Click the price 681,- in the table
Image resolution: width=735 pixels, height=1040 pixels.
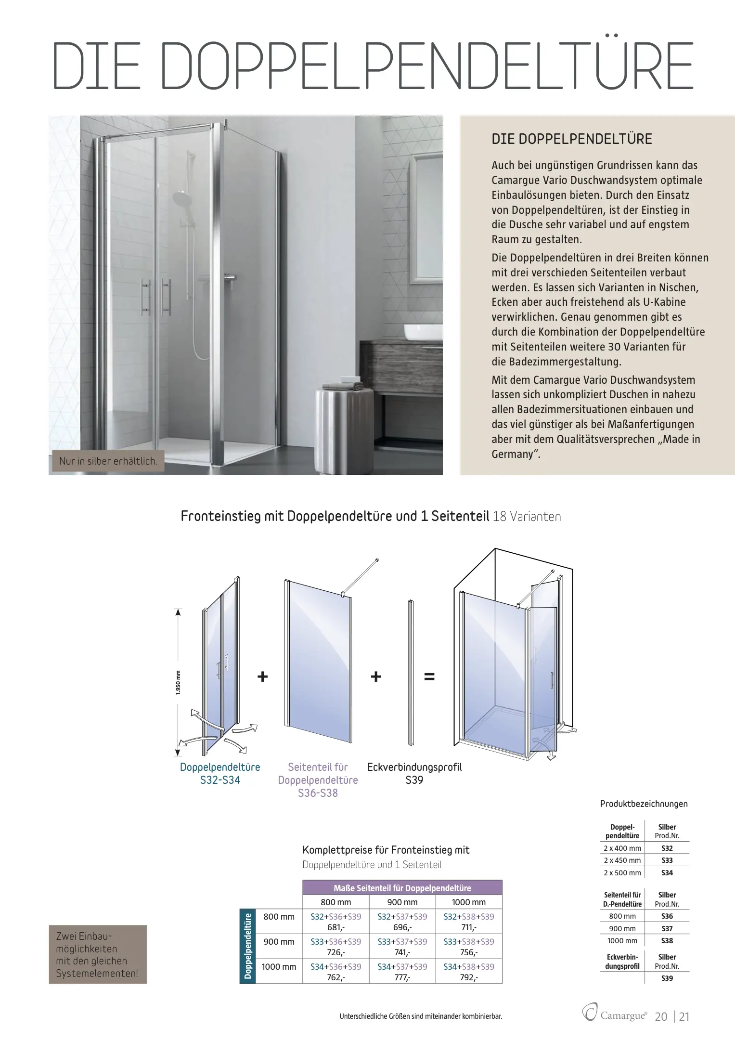coord(335,927)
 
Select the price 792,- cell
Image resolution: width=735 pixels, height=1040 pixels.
coord(468,977)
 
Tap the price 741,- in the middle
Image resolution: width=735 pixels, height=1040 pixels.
coord(402,952)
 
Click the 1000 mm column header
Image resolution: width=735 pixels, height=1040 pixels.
coord(468,902)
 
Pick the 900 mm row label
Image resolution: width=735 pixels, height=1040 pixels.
coord(279,941)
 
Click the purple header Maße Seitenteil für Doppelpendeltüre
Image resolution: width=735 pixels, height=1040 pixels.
coord(402,888)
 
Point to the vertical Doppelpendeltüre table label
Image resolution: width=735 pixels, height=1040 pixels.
coord(247,946)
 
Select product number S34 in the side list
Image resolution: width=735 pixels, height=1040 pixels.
coord(667,872)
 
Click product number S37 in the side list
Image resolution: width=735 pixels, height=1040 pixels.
coord(667,928)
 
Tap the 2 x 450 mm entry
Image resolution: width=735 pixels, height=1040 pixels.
coord(622,860)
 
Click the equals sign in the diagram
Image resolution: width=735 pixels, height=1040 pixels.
coord(429,676)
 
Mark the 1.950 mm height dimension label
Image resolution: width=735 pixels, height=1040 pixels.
coord(178,682)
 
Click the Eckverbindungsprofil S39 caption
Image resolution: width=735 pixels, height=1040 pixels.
coord(414,773)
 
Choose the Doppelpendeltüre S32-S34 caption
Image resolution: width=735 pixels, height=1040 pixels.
coord(220,773)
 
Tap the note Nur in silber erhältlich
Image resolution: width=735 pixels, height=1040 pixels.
coord(108,461)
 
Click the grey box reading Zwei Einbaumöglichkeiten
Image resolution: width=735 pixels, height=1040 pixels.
coord(98,954)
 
